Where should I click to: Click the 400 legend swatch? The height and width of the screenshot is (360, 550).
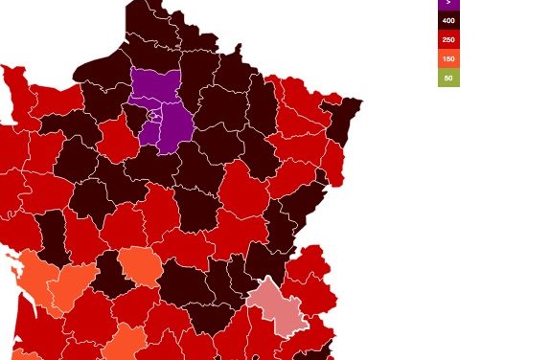pyautogui.click(x=448, y=20)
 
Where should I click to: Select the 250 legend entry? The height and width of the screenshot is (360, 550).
pyautogui.click(x=448, y=39)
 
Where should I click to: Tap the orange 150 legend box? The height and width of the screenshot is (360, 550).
pyautogui.click(x=448, y=58)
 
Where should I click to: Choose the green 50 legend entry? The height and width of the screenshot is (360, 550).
pyautogui.click(x=448, y=78)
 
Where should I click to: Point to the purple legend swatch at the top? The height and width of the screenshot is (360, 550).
pyautogui.click(x=448, y=4)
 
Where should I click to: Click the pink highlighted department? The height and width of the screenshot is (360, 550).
pyautogui.click(x=276, y=305)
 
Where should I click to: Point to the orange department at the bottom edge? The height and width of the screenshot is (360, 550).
pyautogui.click(x=126, y=343)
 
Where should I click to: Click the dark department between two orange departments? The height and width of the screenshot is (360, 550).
pyautogui.click(x=109, y=277)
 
